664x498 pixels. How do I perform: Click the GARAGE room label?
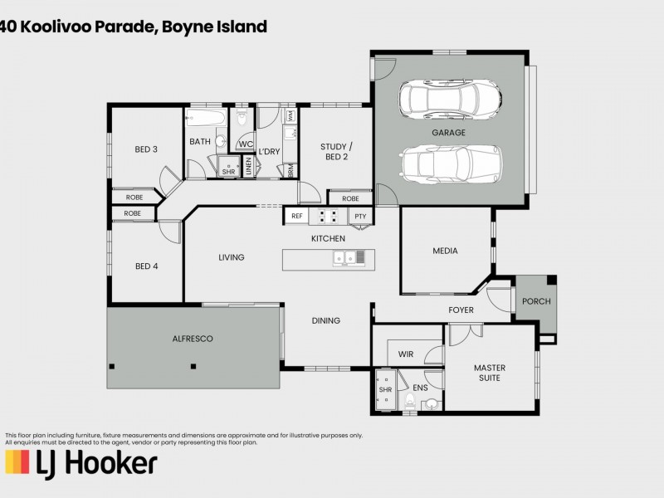pyautogui.click(x=448, y=133)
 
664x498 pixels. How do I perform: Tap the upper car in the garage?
pyautogui.click(x=449, y=99)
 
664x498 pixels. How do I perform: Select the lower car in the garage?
pyautogui.click(x=449, y=163)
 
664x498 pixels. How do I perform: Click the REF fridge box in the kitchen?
pyautogui.click(x=296, y=216)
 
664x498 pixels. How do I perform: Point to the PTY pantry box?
pyautogui.click(x=359, y=216)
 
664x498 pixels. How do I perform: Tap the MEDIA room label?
pyautogui.click(x=445, y=251)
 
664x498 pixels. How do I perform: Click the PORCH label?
pyautogui.click(x=536, y=301)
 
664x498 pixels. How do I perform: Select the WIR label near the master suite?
pyautogui.click(x=406, y=354)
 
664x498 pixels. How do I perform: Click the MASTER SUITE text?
pyautogui.click(x=490, y=373)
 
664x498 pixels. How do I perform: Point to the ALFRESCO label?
pyautogui.click(x=193, y=339)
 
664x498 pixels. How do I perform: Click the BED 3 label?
pyautogui.click(x=146, y=149)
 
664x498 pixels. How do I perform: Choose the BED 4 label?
pyautogui.click(x=146, y=266)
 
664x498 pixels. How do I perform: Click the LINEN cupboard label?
pyautogui.click(x=248, y=166)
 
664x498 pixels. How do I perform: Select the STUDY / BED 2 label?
pyautogui.click(x=334, y=152)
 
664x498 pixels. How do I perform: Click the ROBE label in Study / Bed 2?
pyautogui.click(x=350, y=198)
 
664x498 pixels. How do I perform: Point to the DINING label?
pyautogui.click(x=325, y=320)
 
